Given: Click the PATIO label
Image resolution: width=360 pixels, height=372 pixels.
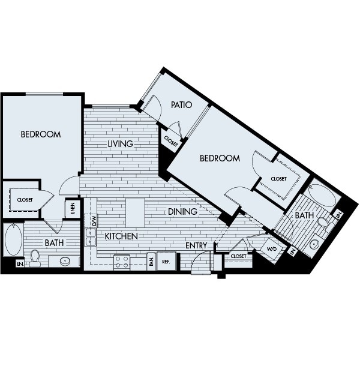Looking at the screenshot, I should [x=181, y=105].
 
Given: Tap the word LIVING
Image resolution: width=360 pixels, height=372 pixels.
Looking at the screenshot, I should [x=121, y=144].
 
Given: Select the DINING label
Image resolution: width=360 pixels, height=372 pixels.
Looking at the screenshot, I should [x=182, y=212].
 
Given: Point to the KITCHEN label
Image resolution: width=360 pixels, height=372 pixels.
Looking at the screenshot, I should [x=121, y=236].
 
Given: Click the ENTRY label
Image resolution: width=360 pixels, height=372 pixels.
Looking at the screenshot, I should [x=196, y=246].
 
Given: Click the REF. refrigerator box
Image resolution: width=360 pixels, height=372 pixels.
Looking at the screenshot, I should [x=166, y=261].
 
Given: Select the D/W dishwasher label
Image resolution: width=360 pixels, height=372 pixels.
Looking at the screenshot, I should [x=94, y=220].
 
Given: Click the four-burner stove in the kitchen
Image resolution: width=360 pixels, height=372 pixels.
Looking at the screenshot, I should [x=122, y=262].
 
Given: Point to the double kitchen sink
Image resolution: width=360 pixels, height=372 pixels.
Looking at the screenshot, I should [x=91, y=238].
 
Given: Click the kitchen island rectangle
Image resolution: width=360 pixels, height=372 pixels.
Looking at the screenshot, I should [x=135, y=212].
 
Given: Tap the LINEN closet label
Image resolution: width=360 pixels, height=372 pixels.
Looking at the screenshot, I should [x=73, y=209].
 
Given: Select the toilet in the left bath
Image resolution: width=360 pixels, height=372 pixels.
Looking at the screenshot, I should [x=35, y=258].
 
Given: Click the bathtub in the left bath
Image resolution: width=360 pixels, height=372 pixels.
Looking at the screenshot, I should [x=13, y=240].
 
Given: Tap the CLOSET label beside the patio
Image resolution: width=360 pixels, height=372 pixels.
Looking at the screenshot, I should [x=170, y=143].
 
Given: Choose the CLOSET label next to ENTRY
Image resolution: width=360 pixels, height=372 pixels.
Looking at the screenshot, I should [x=238, y=256].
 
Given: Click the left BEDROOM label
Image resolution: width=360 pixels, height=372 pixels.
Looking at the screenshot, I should [x=41, y=134].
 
